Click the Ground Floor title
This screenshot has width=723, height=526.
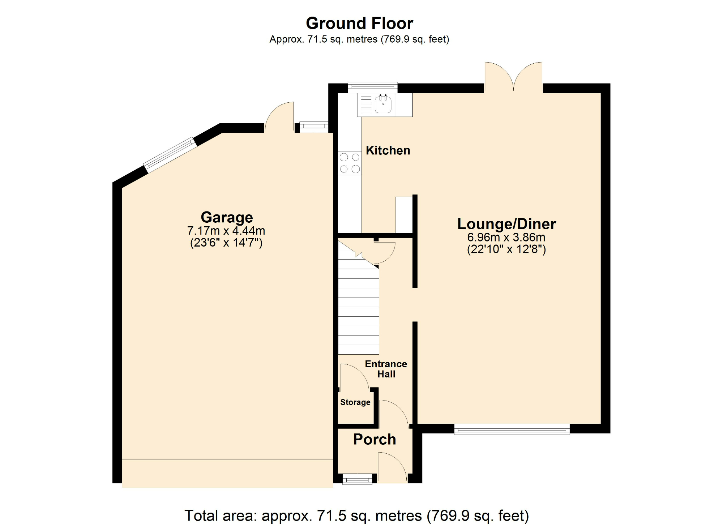(359, 23)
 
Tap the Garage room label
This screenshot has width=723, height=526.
(227, 217)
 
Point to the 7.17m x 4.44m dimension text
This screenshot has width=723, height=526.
(226, 231)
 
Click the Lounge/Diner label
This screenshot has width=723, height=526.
(506, 224)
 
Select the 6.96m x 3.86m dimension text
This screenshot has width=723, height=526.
(506, 238)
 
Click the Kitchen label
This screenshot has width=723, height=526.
(388, 150)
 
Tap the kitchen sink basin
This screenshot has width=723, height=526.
(383, 104)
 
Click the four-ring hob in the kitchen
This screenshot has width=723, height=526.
(350, 163)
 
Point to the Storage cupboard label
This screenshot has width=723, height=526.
(355, 402)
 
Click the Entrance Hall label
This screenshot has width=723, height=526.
(386, 369)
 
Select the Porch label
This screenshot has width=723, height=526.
(375, 440)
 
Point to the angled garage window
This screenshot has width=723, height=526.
(170, 154)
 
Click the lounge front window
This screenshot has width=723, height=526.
(512, 429)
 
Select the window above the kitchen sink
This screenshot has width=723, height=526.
(373, 87)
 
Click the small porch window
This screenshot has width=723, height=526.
(357, 480)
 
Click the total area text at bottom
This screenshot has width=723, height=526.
(356, 516)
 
